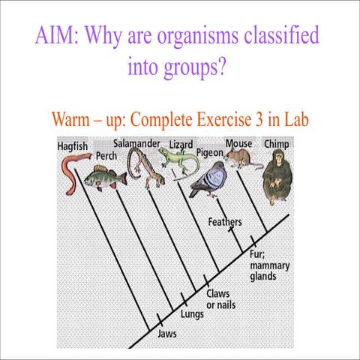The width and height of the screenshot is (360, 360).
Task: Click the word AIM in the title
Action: (x=59, y=35)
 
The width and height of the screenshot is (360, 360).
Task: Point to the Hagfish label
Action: (x=73, y=147)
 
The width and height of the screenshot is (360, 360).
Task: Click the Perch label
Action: (x=106, y=157)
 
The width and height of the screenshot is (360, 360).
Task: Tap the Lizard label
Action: (x=181, y=144)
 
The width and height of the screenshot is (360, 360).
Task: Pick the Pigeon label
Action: (x=211, y=152)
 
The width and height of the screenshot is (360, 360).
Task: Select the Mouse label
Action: (x=238, y=142)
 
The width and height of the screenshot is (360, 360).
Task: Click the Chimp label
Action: (x=276, y=143)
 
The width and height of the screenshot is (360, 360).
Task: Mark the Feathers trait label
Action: (x=225, y=223)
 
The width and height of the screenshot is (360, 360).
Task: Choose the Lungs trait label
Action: (x=192, y=314)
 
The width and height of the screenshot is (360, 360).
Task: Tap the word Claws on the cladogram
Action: (x=218, y=295)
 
